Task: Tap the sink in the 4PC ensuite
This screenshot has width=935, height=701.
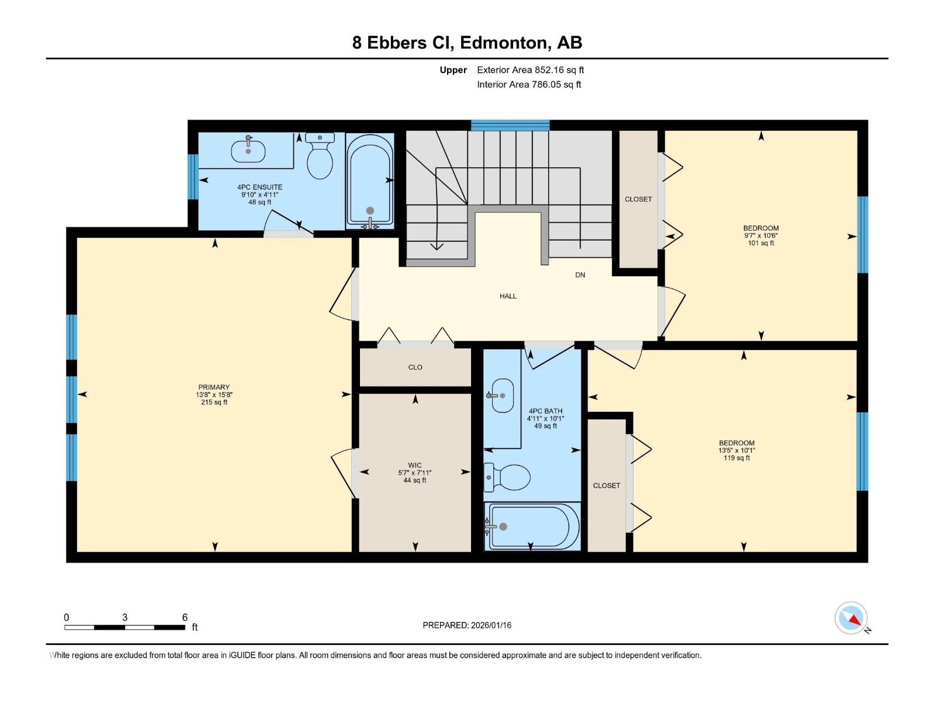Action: [x=248, y=150]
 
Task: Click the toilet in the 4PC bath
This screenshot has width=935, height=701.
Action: [x=507, y=477]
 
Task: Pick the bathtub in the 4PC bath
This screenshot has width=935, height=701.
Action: [x=532, y=526]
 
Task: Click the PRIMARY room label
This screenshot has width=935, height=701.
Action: [x=214, y=387]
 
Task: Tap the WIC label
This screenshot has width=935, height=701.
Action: [x=415, y=465]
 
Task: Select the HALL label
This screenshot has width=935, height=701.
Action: [x=508, y=296]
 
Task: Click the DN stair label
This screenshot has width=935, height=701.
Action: [x=580, y=275]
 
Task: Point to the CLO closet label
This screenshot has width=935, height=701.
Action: [x=415, y=367]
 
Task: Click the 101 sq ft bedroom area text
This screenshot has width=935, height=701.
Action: [x=761, y=243]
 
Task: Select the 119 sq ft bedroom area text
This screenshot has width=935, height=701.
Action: [x=736, y=458]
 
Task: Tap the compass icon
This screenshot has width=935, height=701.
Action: [x=851, y=618]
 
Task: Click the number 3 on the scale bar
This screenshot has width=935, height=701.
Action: [x=125, y=617]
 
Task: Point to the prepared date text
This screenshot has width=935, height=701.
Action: [x=467, y=625]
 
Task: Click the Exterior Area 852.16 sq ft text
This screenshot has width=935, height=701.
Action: [x=531, y=70]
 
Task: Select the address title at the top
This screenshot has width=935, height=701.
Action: [x=467, y=43]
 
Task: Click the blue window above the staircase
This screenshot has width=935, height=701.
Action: [x=510, y=126]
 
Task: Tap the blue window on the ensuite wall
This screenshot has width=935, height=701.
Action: [x=193, y=176]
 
